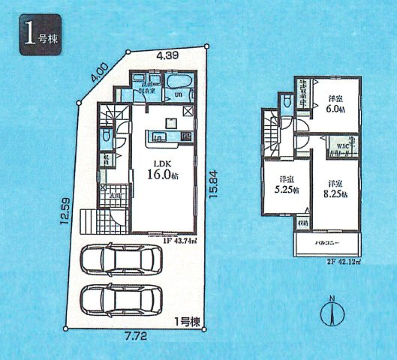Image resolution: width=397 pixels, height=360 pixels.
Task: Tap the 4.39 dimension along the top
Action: pos(167,54)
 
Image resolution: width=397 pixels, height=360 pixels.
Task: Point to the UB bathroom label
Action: pos(179,95)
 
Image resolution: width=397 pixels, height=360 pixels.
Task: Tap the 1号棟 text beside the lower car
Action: pos(188,321)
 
